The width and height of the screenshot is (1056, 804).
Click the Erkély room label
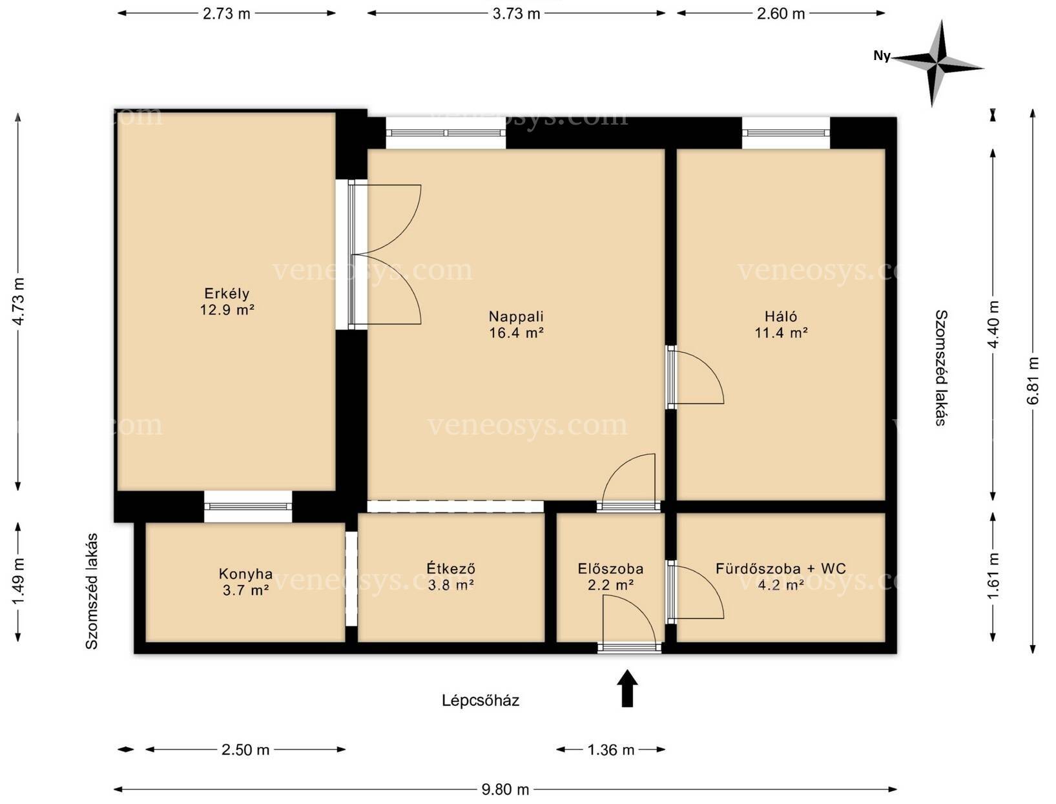click(x=227, y=293)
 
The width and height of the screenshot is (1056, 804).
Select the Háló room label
click(x=781, y=316)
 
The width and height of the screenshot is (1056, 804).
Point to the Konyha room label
click(x=245, y=573)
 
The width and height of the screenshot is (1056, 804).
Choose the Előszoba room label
click(x=610, y=568)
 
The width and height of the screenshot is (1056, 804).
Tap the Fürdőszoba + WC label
click(x=780, y=568)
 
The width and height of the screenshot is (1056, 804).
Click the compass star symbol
click(x=937, y=63)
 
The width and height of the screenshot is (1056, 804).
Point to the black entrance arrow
click(x=627, y=688)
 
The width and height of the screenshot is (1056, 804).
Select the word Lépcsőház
click(x=481, y=700)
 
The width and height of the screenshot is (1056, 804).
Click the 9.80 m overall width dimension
click(x=505, y=789)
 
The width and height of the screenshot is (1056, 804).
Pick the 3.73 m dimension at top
click(x=516, y=14)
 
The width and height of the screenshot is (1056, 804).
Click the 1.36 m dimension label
click(x=611, y=750)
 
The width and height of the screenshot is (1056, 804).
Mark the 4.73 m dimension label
click(x=19, y=302)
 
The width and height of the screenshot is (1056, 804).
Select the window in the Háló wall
click(x=785, y=132)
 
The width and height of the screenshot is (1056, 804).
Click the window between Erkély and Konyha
click(x=248, y=506)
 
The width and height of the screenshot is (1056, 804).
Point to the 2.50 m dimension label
click(x=245, y=750)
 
